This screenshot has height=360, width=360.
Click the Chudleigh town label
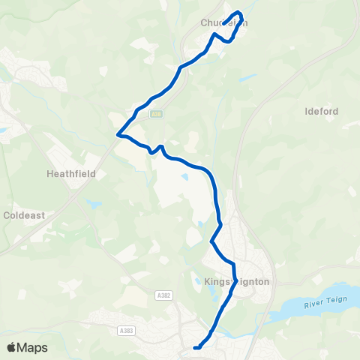click(223, 23)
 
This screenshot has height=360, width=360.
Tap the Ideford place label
click(322, 112)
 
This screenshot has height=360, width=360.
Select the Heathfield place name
click(68, 172)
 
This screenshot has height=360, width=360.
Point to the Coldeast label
click(24, 214)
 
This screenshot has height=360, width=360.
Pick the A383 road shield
click(127, 329)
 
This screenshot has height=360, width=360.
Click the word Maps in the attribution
click(33, 347)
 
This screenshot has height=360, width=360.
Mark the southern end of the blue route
click(195, 347)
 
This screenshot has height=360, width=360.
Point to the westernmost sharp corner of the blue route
click(118, 135)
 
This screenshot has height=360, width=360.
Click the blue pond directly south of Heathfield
click(92, 203)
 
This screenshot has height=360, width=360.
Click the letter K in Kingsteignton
click(206, 282)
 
